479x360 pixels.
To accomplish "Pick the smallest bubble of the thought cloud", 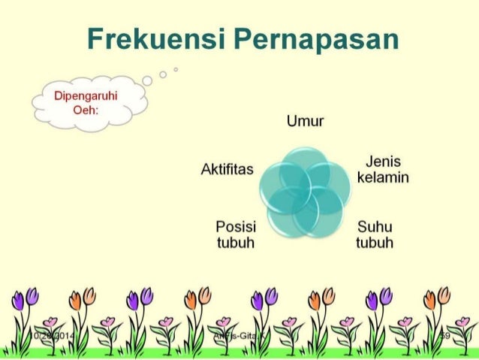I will tap(175, 68).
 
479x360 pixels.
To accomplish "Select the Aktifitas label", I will tap(227, 169).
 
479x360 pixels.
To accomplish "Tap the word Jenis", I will tap(383, 162).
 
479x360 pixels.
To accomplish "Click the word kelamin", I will tap(383, 177).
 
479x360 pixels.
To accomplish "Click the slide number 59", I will tap(446, 335).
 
